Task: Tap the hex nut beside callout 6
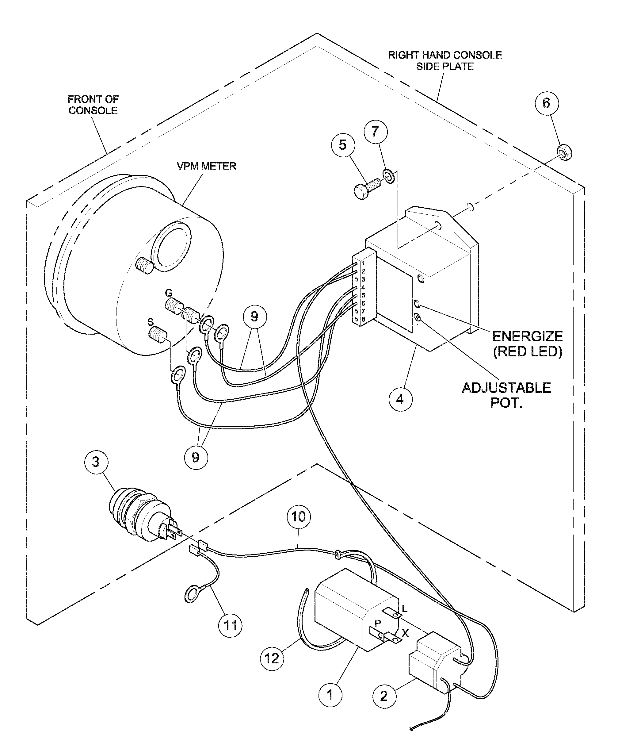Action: coord(564,153)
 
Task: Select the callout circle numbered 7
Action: coord(375,132)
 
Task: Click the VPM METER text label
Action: coord(207,166)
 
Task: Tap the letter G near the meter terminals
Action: coord(169,293)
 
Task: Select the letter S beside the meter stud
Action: coord(151,322)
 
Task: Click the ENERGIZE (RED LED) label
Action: coord(527,343)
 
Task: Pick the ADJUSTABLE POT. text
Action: coord(506,395)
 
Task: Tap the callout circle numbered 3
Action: coord(96,462)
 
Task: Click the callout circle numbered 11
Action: coord(230,625)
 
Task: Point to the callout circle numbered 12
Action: coord(272,658)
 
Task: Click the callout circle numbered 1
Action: coord(330,695)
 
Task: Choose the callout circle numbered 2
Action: coord(384,696)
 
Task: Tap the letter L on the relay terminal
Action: coord(404,609)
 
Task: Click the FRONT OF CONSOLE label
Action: coord(93,105)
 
